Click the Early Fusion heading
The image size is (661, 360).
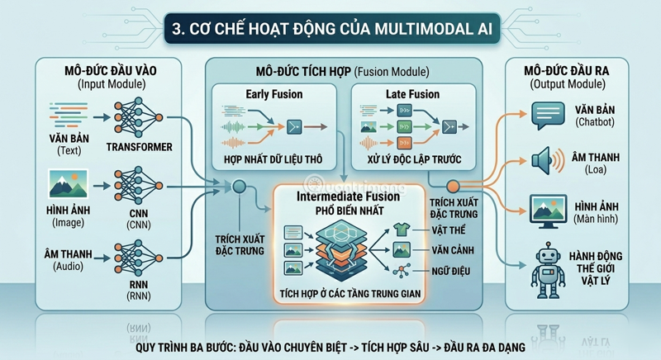coord(274,94)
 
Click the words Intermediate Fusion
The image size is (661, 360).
coord(348,197)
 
